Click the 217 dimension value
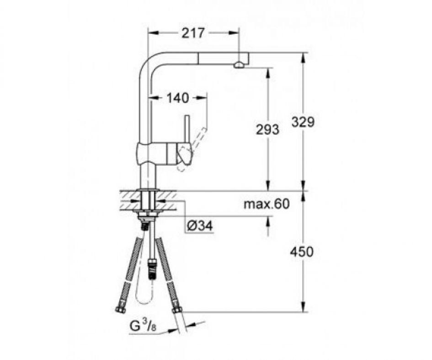pos(192,33)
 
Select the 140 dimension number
pos(178,98)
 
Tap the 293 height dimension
pos(267,129)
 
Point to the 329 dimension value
pos(303,122)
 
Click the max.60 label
pos(267,204)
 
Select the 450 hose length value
pos(302,252)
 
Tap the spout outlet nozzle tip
pos(239,65)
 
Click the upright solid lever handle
pos(187,129)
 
